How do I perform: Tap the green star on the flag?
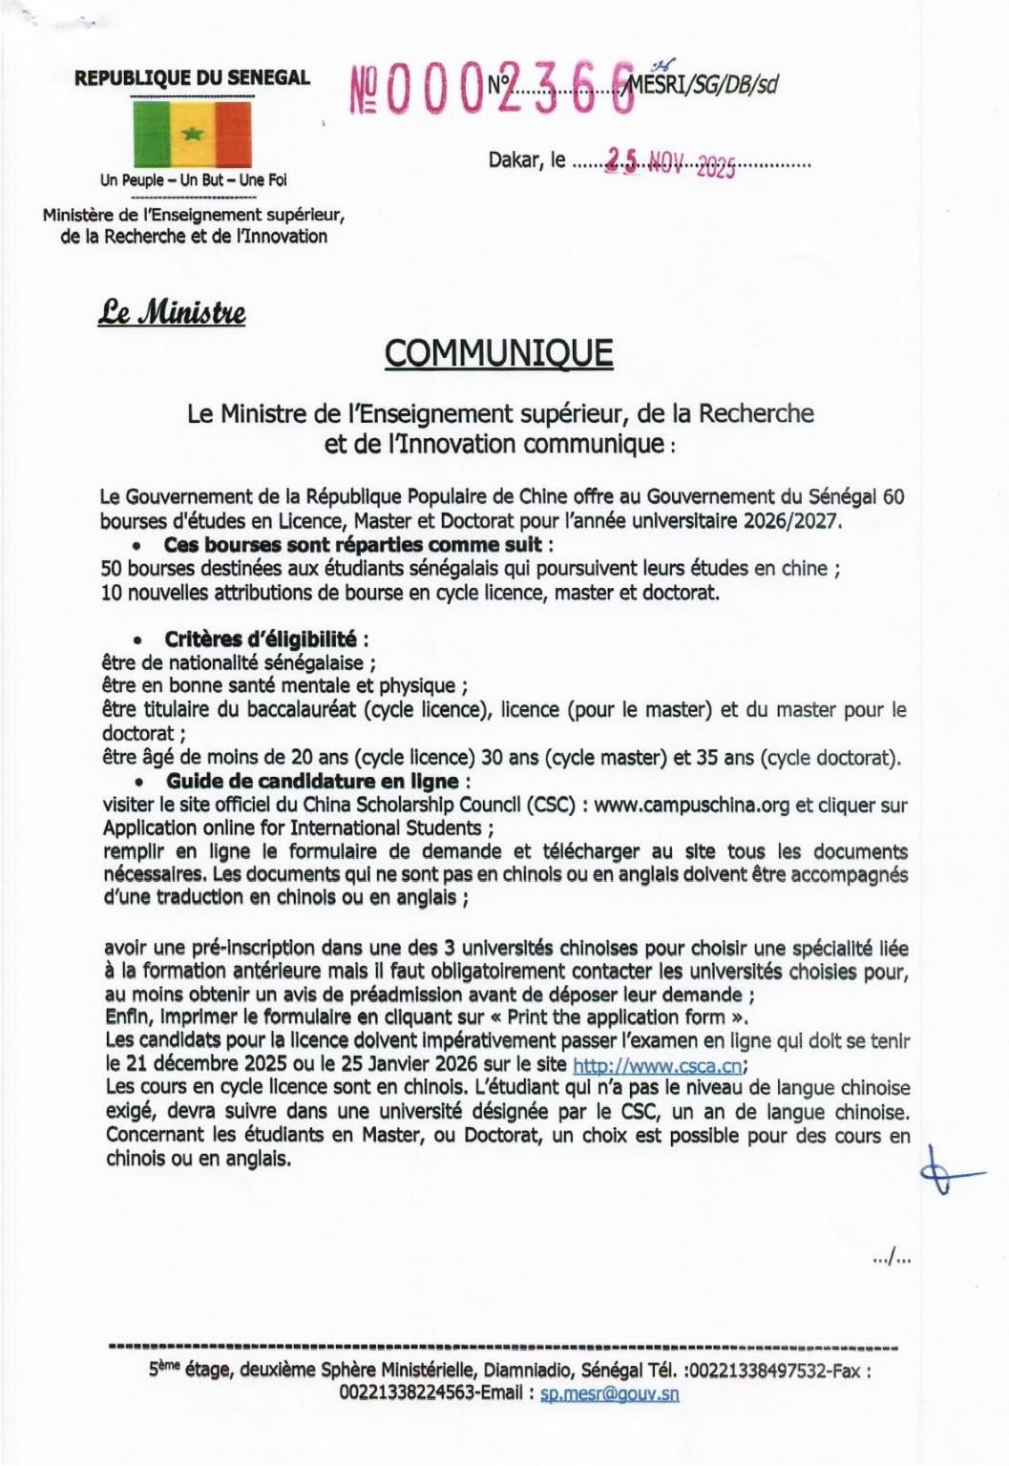click(191, 134)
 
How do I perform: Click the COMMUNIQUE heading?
click(497, 353)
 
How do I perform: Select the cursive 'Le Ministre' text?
click(172, 312)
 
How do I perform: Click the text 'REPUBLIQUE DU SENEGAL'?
click(192, 78)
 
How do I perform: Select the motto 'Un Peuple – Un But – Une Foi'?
click(193, 179)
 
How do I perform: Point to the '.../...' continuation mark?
click(891, 1259)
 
